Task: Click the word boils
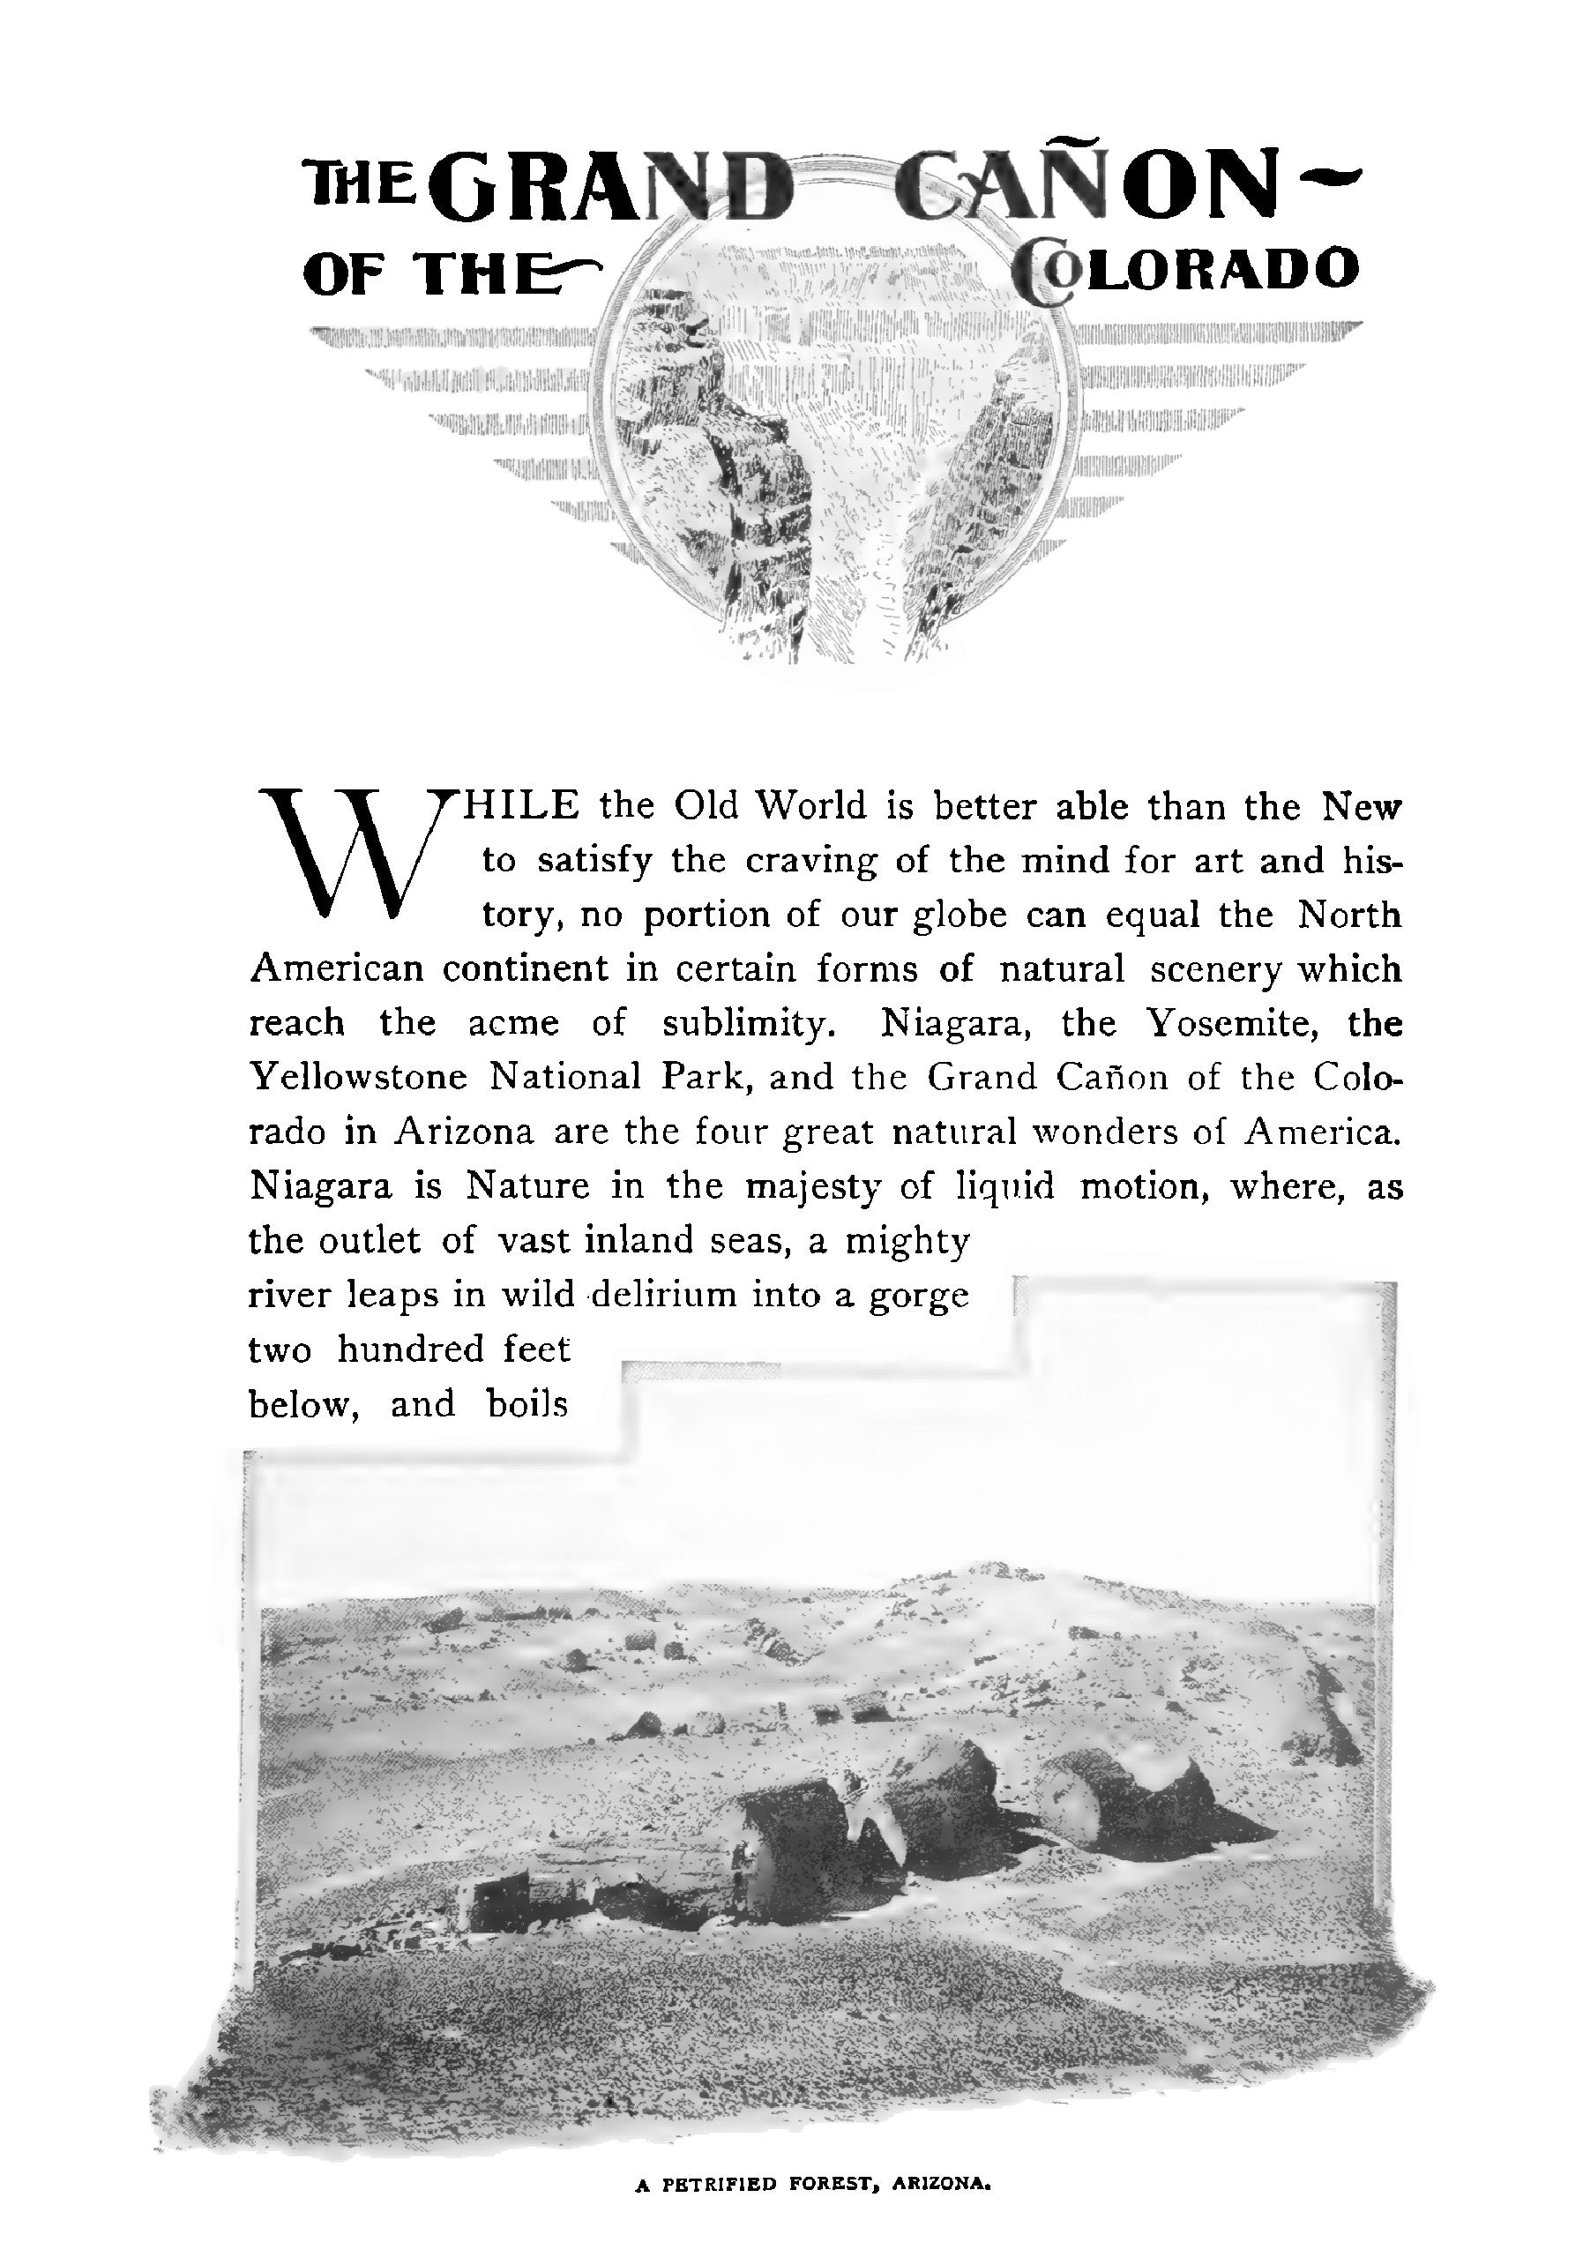pos(527,1404)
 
